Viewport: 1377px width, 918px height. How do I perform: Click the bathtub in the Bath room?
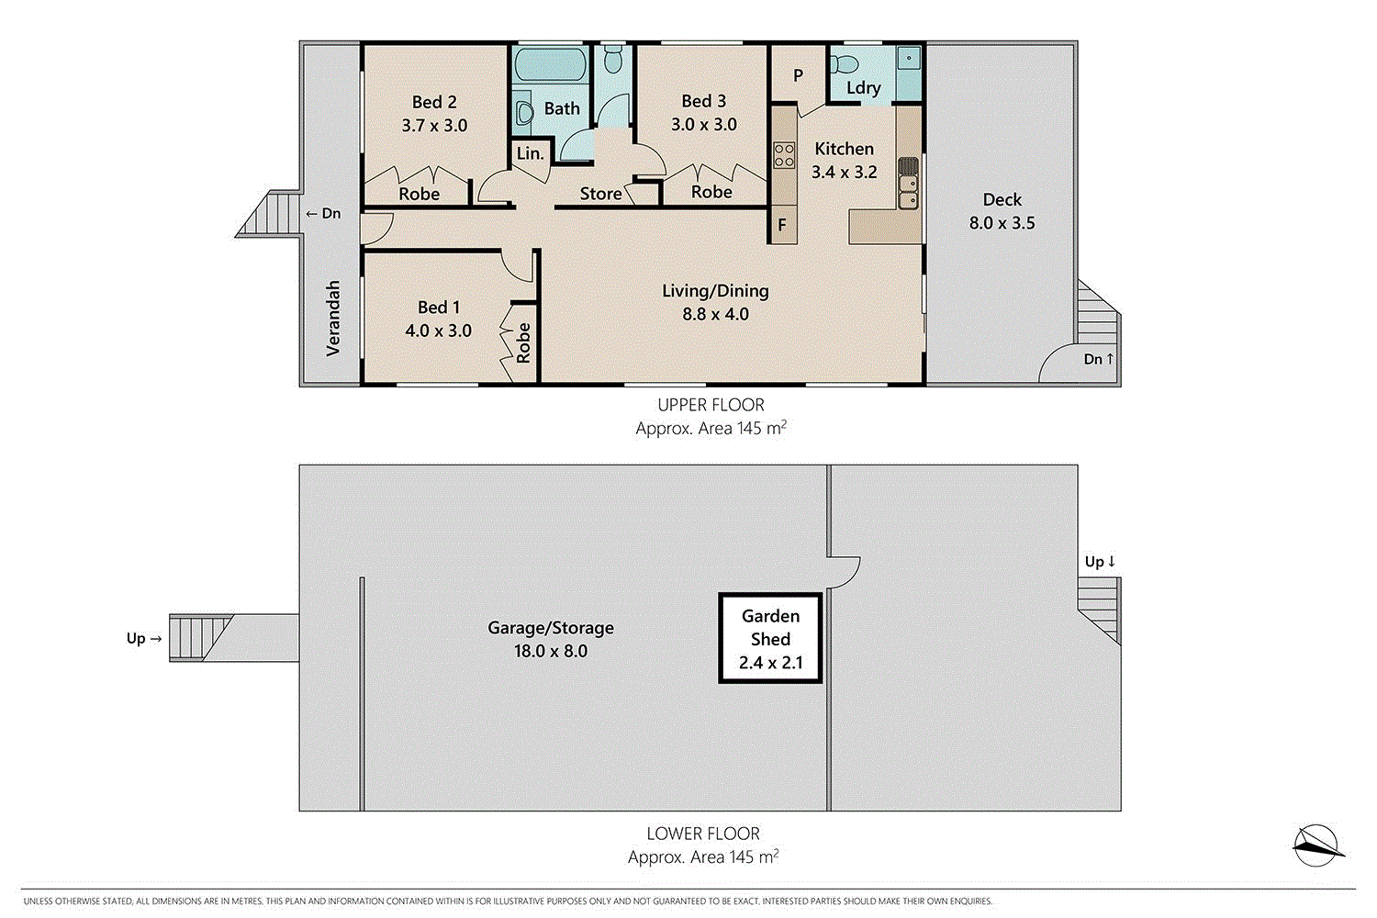click(x=548, y=65)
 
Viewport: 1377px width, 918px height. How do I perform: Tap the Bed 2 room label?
click(x=434, y=102)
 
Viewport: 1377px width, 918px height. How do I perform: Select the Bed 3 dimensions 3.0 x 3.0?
click(x=704, y=125)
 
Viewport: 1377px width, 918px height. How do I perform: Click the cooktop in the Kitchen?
click(x=783, y=154)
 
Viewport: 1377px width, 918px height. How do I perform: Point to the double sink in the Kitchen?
click(x=908, y=194)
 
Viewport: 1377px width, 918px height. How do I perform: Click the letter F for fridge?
click(x=782, y=224)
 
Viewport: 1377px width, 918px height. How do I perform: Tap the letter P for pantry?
click(x=798, y=75)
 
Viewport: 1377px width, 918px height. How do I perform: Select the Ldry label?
click(x=863, y=88)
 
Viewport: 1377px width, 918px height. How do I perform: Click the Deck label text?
click(x=1002, y=199)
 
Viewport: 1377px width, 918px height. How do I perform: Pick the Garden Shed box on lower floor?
click(x=770, y=639)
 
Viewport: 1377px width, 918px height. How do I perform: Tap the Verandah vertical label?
click(x=333, y=318)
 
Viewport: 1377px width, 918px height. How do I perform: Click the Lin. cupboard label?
click(x=531, y=153)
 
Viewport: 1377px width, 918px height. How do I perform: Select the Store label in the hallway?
click(x=600, y=194)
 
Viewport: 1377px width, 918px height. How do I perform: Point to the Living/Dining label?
click(x=715, y=291)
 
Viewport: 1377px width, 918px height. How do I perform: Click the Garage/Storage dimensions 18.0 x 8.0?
click(x=550, y=651)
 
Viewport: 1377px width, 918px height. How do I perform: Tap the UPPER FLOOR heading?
click(x=711, y=405)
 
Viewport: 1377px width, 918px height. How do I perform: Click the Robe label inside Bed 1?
click(x=523, y=342)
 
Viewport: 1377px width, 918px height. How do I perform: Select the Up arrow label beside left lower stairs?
click(x=143, y=638)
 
